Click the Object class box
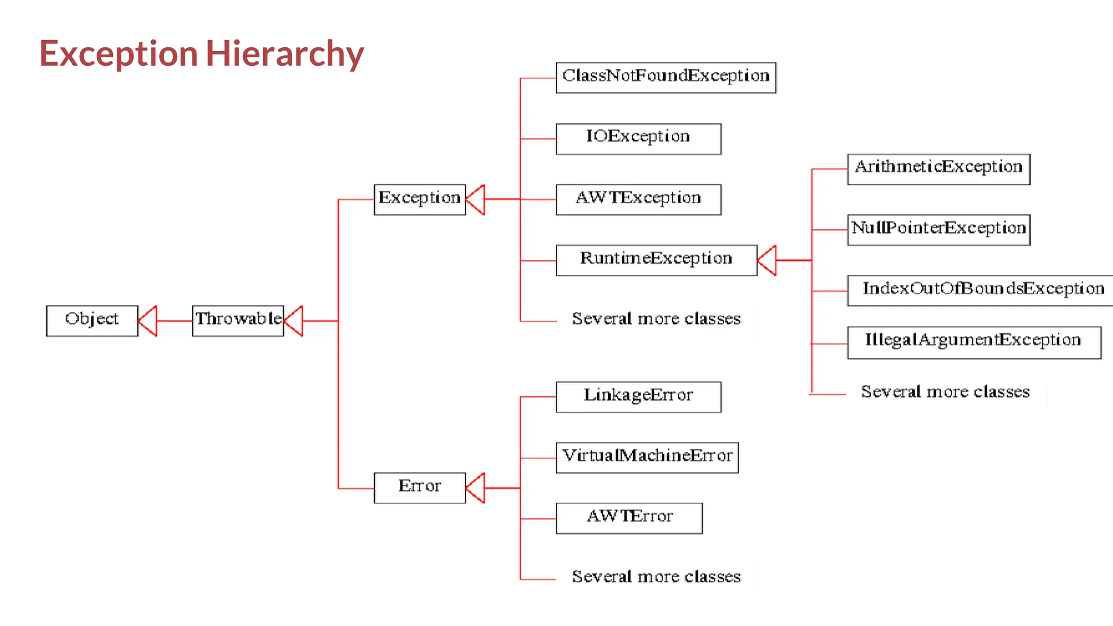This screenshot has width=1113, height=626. (92, 321)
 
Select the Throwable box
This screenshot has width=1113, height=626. (238, 321)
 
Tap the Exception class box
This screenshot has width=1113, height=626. (420, 199)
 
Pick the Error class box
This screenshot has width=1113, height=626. (420, 487)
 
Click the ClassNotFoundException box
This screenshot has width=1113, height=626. (666, 78)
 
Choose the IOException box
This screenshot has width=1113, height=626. (638, 139)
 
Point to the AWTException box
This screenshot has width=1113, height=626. (638, 199)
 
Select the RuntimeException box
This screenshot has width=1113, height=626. (656, 260)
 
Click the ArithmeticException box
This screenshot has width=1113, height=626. (939, 169)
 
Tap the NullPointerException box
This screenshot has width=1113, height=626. (939, 230)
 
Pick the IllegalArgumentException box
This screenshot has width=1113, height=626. (974, 342)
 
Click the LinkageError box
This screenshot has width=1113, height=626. (638, 397)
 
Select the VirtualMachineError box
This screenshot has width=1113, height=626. (647, 458)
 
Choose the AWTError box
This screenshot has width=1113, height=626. (629, 518)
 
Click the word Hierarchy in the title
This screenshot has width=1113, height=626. (284, 54)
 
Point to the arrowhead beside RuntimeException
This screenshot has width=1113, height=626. (767, 260)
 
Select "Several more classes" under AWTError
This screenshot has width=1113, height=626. (656, 576)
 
